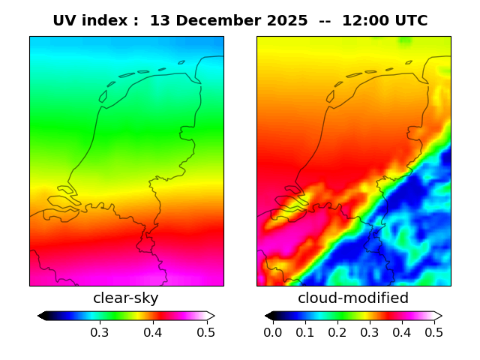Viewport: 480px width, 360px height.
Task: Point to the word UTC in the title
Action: tap(411, 20)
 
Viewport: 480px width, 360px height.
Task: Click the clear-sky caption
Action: tap(126, 298)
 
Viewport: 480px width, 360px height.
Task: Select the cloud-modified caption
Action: tap(353, 298)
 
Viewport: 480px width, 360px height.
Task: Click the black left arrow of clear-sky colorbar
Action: tap(42, 316)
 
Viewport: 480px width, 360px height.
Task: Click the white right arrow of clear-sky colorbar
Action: tap(211, 316)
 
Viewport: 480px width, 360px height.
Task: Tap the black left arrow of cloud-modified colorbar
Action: tap(268, 316)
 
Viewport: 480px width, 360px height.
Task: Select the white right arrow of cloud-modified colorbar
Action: tap(438, 316)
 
